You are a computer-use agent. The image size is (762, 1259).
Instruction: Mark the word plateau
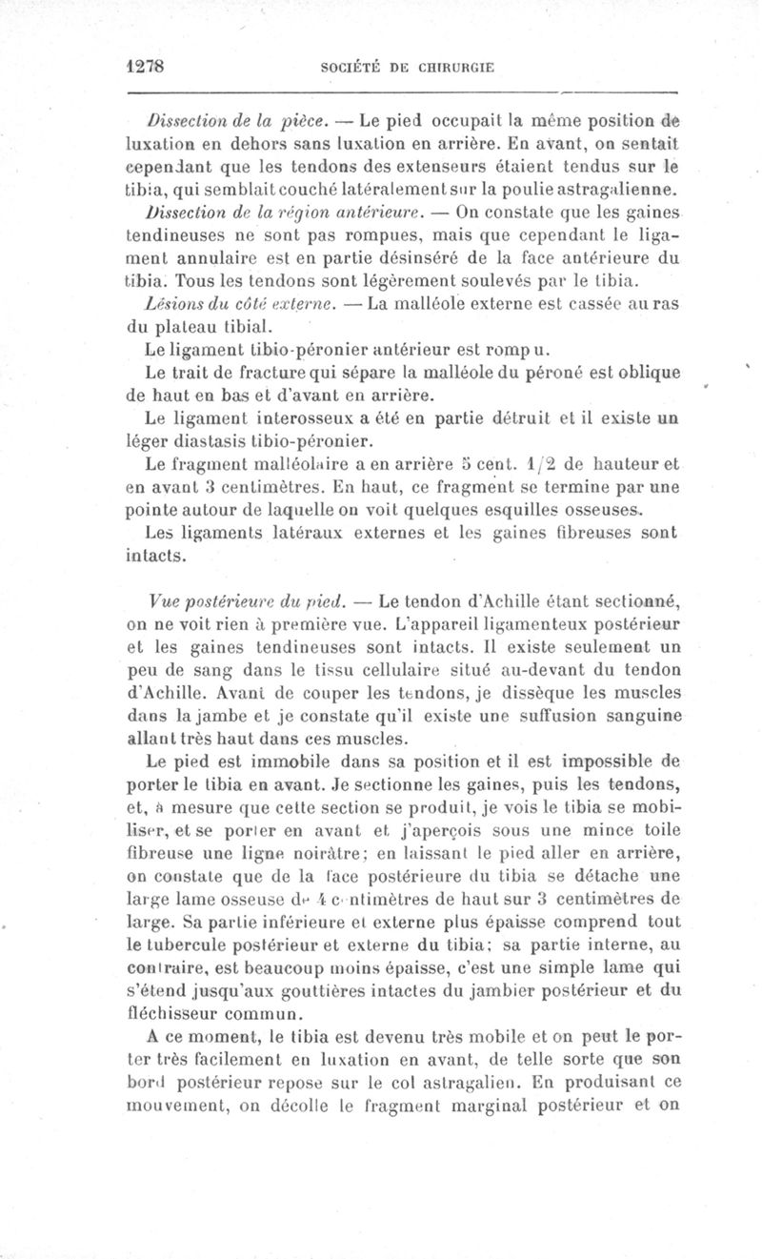coord(182,324)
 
